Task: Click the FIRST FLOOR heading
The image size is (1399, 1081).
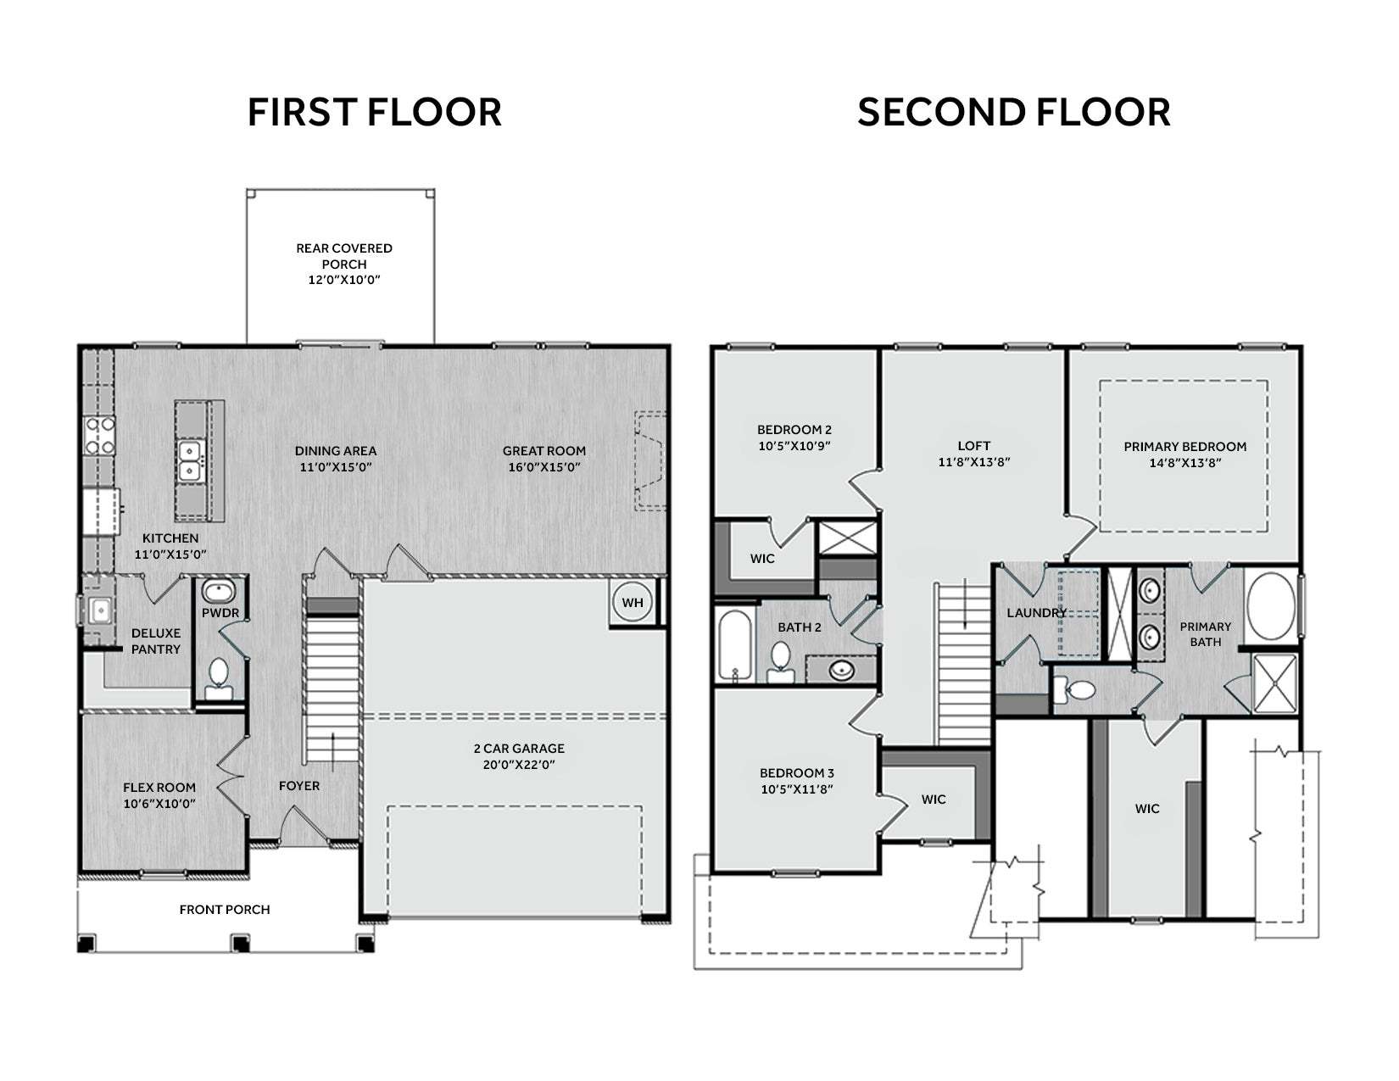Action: [x=374, y=112]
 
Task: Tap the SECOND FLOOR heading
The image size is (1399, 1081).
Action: [x=1013, y=112]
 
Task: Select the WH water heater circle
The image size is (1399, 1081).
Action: [x=633, y=602]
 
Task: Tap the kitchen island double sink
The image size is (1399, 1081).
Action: [x=190, y=460]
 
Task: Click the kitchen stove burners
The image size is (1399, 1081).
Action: [x=100, y=435]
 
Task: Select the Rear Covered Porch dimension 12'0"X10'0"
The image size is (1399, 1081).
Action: [x=344, y=280]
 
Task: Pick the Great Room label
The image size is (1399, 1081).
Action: [x=544, y=451]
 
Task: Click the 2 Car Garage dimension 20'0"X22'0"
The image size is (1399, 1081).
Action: [x=519, y=765]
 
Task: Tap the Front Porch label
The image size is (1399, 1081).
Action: [x=225, y=909]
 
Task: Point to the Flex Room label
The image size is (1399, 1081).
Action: [x=159, y=787]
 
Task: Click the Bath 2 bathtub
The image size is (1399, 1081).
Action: [x=734, y=645]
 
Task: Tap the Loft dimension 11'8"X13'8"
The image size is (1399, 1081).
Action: [x=974, y=461]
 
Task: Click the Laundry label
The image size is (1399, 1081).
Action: [x=1037, y=613]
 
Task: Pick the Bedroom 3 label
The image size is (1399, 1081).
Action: [x=797, y=772]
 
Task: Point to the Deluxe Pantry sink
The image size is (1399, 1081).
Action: [x=100, y=609]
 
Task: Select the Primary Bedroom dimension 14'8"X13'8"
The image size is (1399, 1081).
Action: [x=1185, y=462]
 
